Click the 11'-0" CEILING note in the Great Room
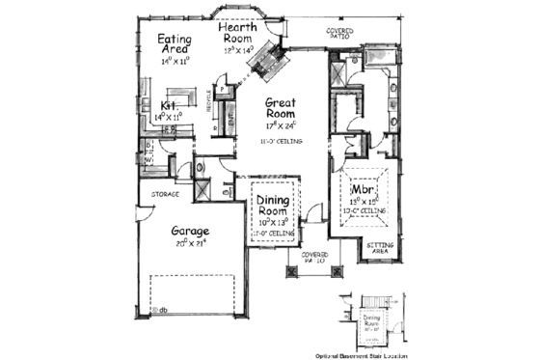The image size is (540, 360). (282, 142)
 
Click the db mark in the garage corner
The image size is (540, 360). (163, 312)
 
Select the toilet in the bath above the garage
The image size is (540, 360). (201, 165)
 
